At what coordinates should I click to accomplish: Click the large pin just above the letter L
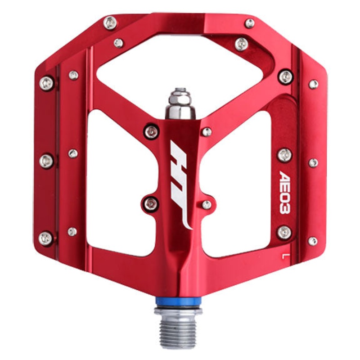(284, 232)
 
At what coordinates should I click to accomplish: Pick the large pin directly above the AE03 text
(284, 155)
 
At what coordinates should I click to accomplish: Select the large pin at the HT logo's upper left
(152, 131)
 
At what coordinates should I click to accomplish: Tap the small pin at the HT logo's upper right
(206, 131)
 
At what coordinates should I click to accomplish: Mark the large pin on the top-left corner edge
(110, 22)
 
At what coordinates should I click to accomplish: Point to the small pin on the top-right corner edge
(249, 23)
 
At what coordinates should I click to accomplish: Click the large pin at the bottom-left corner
(46, 238)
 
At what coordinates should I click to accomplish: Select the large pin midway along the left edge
(46, 161)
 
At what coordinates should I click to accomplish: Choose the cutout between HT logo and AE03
(238, 180)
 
